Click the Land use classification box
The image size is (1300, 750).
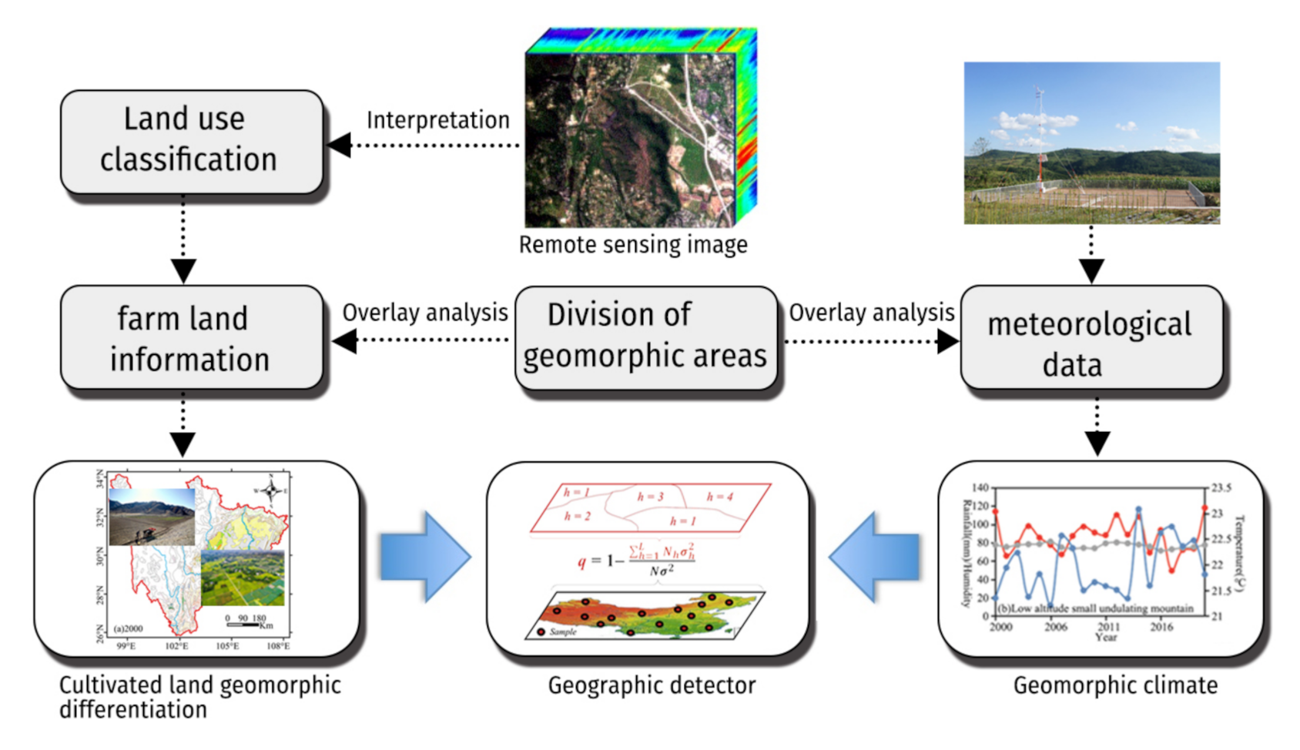191,141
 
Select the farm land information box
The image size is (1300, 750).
191,338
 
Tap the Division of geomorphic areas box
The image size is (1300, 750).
645,336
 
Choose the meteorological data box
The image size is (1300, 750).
1091,340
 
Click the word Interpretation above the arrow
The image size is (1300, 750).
437,120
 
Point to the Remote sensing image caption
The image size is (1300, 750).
633,245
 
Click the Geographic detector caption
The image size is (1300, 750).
652,685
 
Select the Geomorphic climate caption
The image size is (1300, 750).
1115,685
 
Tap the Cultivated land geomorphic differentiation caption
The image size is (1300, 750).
199,697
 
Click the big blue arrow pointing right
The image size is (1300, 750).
425,556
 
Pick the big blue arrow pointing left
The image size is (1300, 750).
875,556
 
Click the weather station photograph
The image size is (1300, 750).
1091,143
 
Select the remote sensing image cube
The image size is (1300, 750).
640,129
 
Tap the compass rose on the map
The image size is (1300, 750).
270,490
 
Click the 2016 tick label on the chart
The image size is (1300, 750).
1161,627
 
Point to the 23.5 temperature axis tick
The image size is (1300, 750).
1221,487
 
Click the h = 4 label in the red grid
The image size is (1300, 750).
719,497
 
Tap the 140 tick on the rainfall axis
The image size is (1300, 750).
980,487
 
